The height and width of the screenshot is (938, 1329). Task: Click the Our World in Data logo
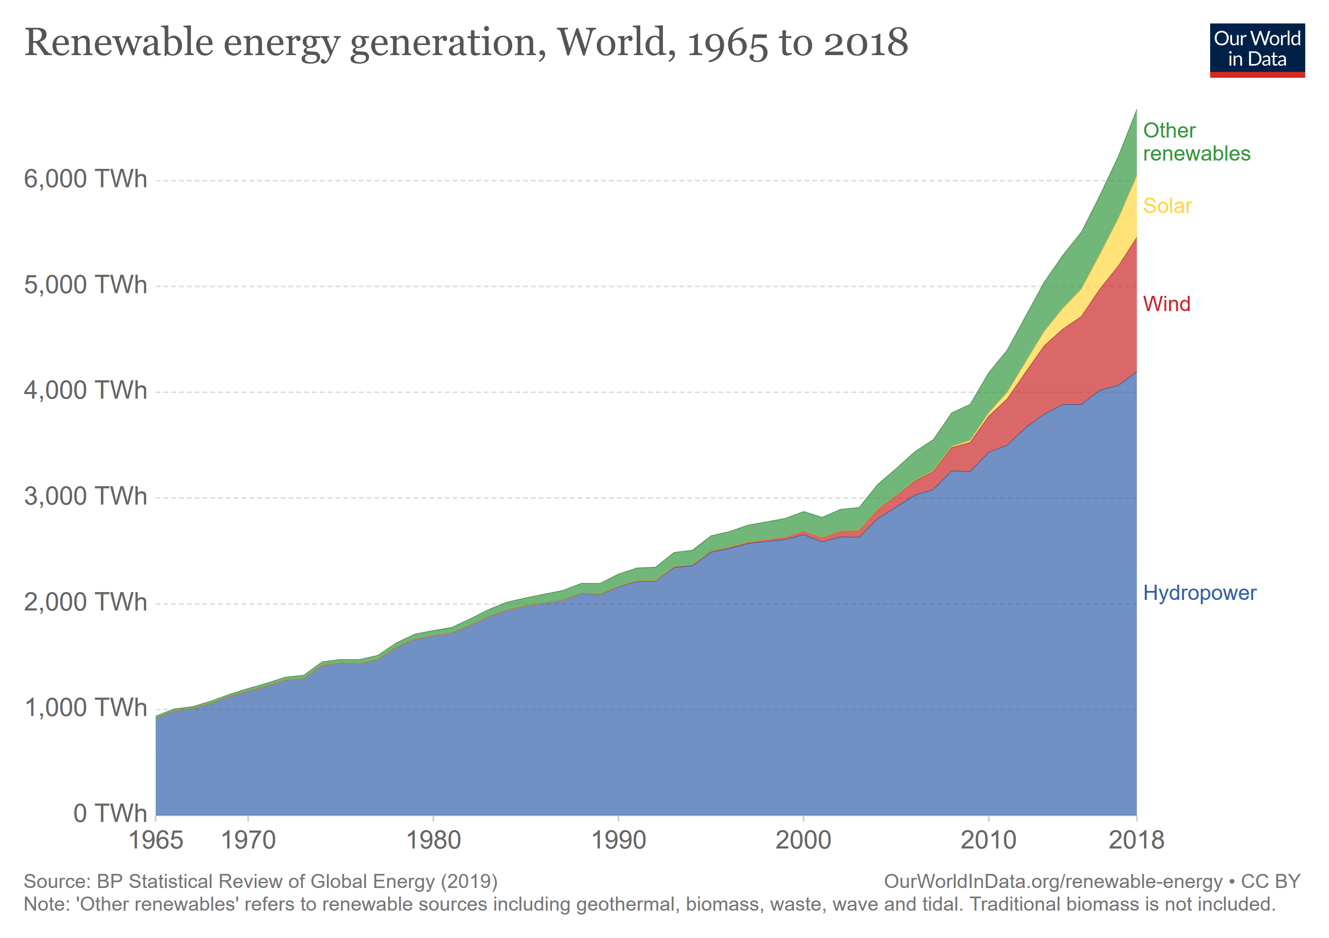pos(1257,50)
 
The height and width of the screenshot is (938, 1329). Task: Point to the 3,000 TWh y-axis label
pos(85,496)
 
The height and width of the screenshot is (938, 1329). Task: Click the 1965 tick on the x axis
pos(155,840)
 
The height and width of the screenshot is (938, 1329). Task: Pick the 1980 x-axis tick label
pos(433,840)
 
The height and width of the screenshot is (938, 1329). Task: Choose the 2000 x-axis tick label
pos(803,840)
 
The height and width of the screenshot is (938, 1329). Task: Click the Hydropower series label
pos(1199,593)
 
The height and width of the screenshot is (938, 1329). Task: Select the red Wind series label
pos(1166,304)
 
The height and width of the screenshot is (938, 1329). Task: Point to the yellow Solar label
pos(1167,206)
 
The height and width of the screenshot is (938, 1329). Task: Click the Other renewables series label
pos(1196,142)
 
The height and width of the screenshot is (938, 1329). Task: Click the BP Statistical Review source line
pos(260,881)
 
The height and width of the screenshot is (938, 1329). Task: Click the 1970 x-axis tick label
pos(248,840)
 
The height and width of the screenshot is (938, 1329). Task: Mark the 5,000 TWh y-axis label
pos(85,285)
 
